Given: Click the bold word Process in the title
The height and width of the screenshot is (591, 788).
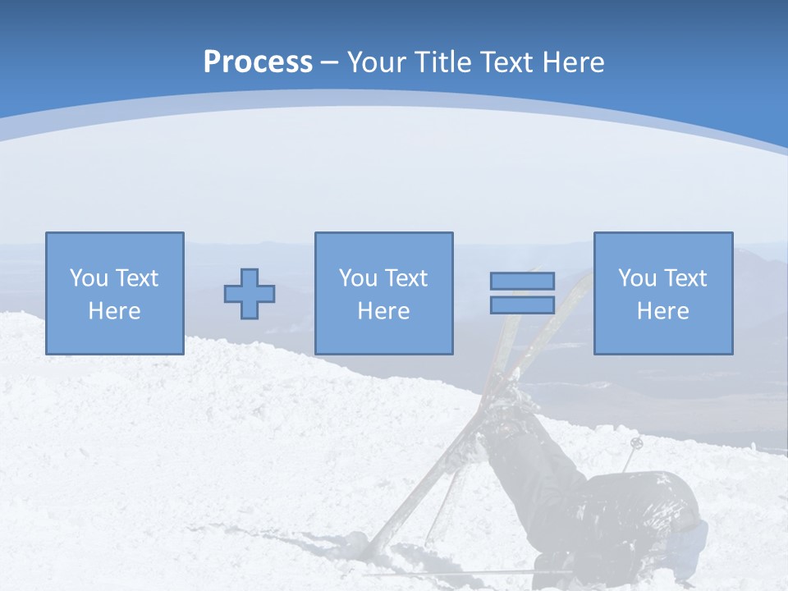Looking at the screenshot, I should tap(258, 62).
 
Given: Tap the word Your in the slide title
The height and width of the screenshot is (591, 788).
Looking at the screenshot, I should tap(378, 62).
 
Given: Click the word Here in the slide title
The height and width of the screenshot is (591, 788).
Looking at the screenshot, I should tap(573, 62).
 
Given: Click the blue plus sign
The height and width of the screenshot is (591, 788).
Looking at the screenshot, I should tap(250, 294).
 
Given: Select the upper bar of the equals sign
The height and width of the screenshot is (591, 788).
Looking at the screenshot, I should tap(522, 281).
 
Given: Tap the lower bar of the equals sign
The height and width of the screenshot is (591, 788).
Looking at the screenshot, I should tap(522, 305).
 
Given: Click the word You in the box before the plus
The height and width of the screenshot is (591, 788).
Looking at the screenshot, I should tap(89, 278).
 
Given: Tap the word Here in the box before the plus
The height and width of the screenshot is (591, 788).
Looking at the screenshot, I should tap(114, 311).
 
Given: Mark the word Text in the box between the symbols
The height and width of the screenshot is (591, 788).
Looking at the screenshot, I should tap(406, 278).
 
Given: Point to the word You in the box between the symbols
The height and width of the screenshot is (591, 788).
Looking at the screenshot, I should tap(358, 278).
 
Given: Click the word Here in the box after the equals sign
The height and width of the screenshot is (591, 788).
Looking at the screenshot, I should tap(662, 311).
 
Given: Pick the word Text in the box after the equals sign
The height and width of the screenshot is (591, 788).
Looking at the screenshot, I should tap(685, 278).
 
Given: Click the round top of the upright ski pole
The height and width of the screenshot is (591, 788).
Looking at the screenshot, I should tap(636, 443).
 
